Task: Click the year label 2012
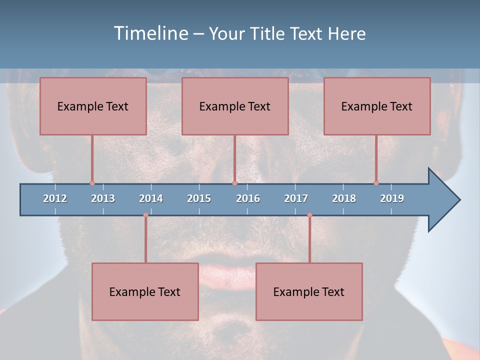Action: [x=55, y=198]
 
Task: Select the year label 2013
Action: [x=103, y=198]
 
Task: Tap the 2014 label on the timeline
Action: [x=151, y=198]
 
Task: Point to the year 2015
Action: [x=199, y=198]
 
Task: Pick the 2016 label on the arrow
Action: [x=248, y=198]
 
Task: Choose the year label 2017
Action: [x=296, y=198]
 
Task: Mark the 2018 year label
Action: [x=344, y=198]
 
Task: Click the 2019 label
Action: [x=392, y=198]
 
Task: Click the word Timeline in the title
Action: [x=150, y=33]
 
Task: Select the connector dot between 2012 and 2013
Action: [x=92, y=183]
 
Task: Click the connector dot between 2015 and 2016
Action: [x=234, y=183]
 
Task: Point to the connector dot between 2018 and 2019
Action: [x=376, y=183]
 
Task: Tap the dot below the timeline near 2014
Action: [x=145, y=215]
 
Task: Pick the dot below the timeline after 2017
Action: [x=309, y=215]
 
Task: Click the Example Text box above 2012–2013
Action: [x=93, y=106]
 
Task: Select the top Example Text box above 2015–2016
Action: [x=235, y=106]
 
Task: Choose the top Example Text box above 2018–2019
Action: [x=377, y=106]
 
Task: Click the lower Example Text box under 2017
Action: [x=309, y=291]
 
